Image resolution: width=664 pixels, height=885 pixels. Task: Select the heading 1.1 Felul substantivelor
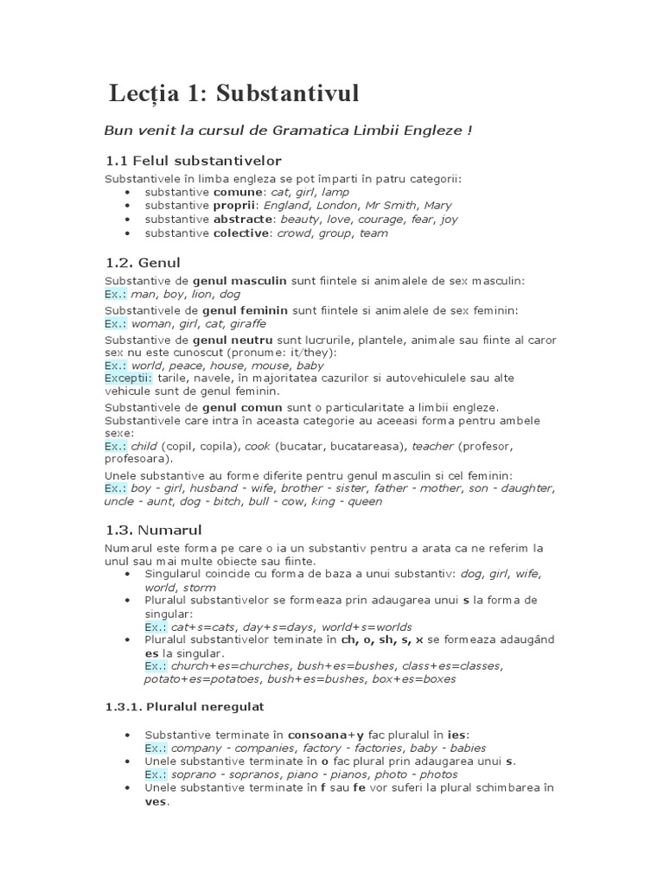tap(193, 161)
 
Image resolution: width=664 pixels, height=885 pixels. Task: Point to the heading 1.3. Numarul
tap(153, 530)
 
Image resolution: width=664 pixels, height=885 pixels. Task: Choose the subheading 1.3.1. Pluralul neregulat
tap(184, 706)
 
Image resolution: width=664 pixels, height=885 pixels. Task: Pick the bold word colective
tap(243, 233)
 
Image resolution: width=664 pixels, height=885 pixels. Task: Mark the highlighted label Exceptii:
tap(129, 379)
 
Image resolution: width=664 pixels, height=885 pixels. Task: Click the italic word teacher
tap(432, 446)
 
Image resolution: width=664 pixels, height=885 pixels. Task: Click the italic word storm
tap(200, 588)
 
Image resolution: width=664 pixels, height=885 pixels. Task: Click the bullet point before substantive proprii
tap(129, 206)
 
